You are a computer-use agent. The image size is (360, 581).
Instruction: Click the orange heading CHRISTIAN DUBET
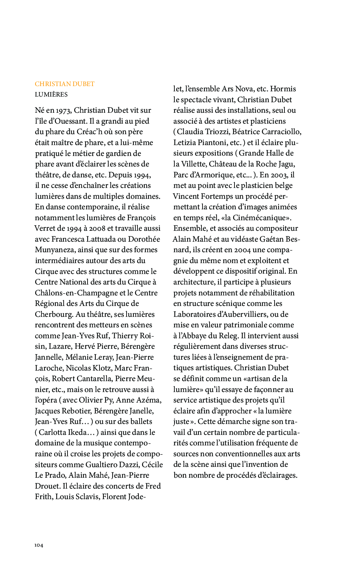(x=65, y=84)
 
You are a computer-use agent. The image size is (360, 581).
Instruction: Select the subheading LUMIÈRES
(x=51, y=94)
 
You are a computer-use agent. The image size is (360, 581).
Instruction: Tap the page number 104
(x=39, y=545)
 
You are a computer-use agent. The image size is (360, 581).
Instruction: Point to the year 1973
(x=64, y=110)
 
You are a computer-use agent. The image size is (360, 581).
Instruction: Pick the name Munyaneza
(x=55, y=250)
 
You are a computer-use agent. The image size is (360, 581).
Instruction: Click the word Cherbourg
(x=54, y=314)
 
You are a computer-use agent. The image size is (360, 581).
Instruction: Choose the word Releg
(x=228, y=336)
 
